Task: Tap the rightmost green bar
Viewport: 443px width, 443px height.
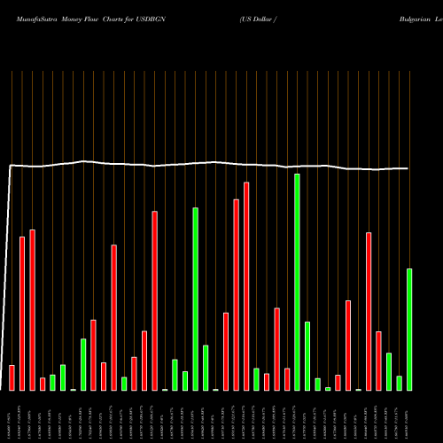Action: point(409,329)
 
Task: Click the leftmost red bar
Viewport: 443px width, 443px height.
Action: point(12,377)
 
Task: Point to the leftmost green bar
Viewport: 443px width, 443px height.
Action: point(52,382)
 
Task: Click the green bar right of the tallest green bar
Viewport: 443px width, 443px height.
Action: point(307,355)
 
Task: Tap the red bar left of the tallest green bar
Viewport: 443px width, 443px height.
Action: point(287,379)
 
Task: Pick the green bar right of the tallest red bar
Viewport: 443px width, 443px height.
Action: point(256,379)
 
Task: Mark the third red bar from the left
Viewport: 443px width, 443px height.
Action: point(32,309)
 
